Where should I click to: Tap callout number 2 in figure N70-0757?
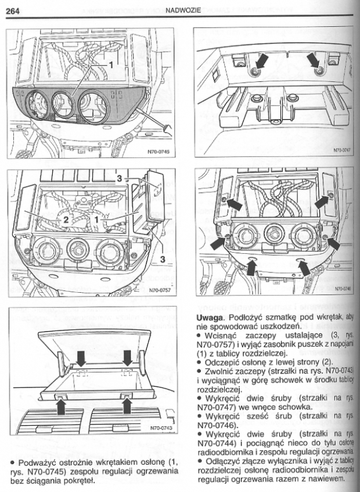[67, 220]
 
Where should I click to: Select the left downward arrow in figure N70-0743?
[80, 355]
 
